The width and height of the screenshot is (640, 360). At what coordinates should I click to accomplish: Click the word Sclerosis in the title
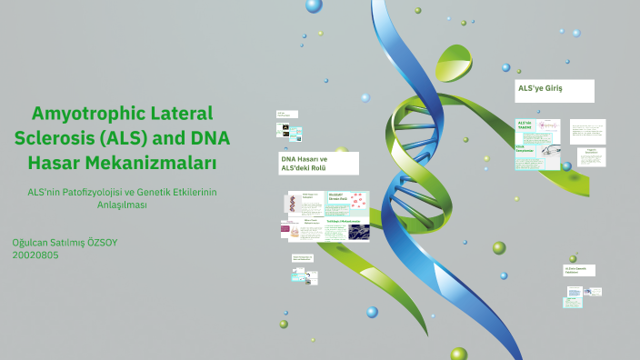click(55, 139)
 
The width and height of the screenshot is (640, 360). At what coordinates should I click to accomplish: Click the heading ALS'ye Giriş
click(543, 89)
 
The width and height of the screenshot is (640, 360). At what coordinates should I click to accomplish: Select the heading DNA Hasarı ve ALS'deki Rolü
click(304, 163)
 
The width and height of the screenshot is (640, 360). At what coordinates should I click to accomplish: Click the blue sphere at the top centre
click(314, 5)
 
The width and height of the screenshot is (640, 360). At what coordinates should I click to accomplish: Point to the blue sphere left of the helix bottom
click(372, 312)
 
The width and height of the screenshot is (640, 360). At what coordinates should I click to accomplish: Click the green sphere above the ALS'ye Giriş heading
click(507, 66)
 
